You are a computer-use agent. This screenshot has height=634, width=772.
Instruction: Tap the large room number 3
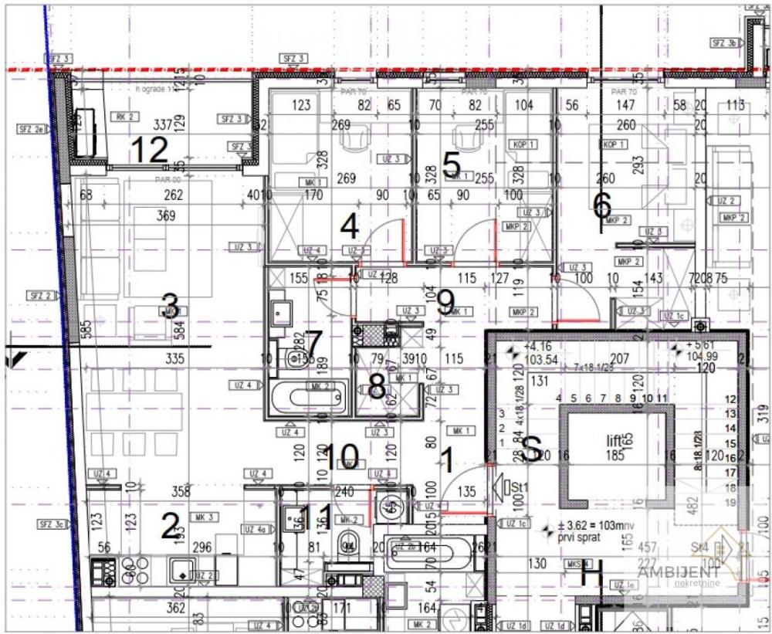[170, 307]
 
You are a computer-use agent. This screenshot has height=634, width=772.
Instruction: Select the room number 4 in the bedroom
[350, 226]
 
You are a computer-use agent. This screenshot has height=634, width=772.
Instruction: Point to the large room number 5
[452, 163]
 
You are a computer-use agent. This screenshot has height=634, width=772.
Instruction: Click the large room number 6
[601, 205]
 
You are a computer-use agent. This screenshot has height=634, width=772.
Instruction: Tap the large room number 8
[377, 386]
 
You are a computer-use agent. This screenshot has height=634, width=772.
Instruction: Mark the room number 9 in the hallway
[445, 302]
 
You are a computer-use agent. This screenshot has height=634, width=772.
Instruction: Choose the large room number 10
[340, 456]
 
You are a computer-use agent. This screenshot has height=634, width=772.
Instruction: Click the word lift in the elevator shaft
[614, 439]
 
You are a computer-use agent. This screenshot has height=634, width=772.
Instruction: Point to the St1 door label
[515, 487]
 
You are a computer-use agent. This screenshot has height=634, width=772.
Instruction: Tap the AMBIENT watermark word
[679, 572]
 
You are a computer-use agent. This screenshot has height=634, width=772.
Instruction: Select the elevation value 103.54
[540, 360]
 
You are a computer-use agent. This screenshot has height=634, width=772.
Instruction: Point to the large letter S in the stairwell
[531, 449]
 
